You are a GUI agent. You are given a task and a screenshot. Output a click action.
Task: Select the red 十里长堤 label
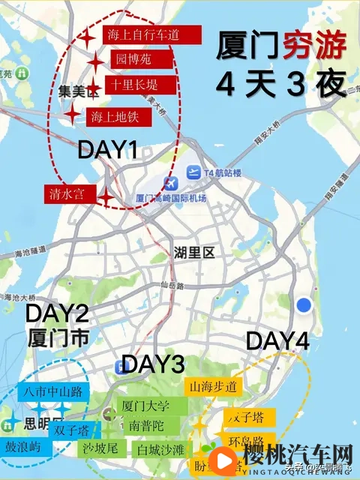click(141, 85)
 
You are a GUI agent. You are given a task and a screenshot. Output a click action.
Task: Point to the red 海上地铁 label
click(119, 117)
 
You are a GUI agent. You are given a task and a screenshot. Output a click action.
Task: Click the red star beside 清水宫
click(107, 196)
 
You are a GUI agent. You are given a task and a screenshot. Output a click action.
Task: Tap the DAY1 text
click(108, 151)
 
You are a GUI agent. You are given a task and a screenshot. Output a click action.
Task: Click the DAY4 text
click(277, 340)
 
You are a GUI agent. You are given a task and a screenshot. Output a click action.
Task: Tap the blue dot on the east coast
click(304, 304)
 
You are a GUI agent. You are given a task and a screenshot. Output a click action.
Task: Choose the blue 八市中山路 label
click(52, 391)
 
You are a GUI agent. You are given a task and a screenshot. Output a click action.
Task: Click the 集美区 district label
click(79, 91)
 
